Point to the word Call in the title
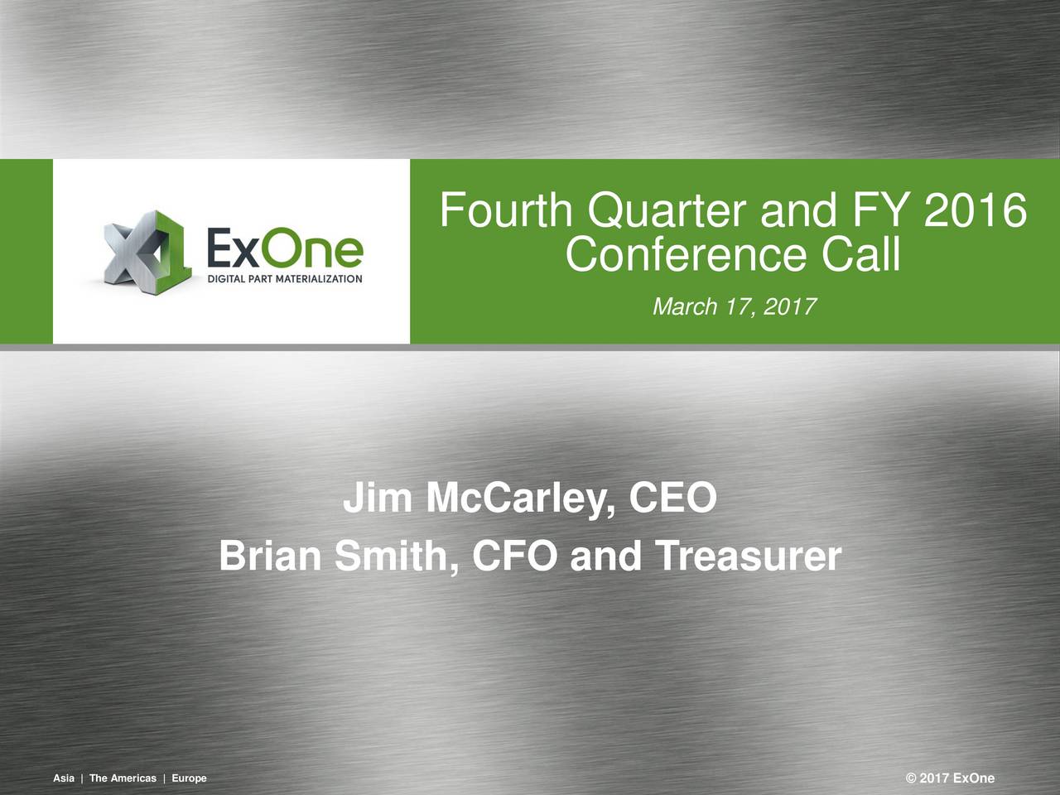(x=860, y=255)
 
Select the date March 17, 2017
(x=735, y=308)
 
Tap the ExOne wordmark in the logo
(x=283, y=246)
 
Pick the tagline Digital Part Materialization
(x=284, y=280)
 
